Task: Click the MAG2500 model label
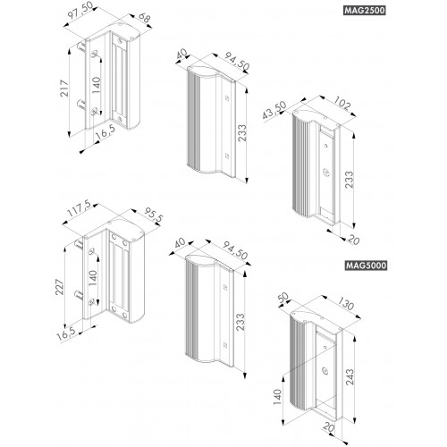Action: [x=365, y=11]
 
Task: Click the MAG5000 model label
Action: [x=366, y=266]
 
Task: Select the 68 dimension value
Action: [x=144, y=18]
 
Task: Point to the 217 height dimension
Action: [x=64, y=89]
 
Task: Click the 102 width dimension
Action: [x=342, y=104]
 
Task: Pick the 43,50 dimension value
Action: [x=274, y=110]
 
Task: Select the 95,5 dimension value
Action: [x=154, y=215]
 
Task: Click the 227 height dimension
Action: [x=60, y=287]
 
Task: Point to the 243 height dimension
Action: [x=350, y=377]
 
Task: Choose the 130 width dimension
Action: [x=346, y=304]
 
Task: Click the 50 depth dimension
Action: [x=283, y=298]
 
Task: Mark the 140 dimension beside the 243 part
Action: [x=277, y=397]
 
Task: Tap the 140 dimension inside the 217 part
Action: [x=97, y=85]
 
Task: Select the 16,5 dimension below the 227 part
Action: [x=66, y=334]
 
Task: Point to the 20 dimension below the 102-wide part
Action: [x=353, y=240]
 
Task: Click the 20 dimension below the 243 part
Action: [x=329, y=428]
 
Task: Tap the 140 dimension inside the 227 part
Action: [x=93, y=278]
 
